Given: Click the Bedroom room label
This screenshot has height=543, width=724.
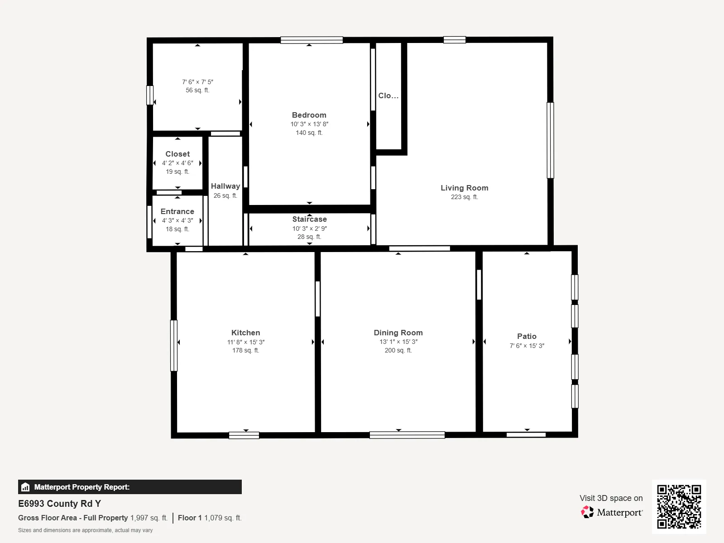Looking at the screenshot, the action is pos(309,115).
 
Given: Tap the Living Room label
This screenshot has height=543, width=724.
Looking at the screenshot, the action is pos(465,188).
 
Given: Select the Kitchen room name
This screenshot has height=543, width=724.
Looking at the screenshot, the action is pos(245,333).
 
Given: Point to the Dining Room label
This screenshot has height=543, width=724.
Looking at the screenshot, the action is pos(398,333).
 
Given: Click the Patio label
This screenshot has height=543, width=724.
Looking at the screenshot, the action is pos(527,336).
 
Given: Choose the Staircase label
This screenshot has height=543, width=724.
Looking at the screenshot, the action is pos(309,219).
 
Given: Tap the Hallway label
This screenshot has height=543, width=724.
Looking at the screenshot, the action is pos(225,186).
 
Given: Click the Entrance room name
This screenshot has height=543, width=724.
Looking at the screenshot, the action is pos(177,211).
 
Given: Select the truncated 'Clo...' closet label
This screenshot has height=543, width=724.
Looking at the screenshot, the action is pos(388,95).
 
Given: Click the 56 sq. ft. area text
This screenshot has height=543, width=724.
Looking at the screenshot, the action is pos(197,90).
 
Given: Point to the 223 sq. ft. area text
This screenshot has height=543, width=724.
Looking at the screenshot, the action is pos(465,197).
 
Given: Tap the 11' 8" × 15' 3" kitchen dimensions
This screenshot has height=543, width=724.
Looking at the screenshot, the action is pos(246,342).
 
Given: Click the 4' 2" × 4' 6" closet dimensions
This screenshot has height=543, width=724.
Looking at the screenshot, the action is pos(177,163).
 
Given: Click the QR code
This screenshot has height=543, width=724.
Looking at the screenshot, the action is pos(679,506).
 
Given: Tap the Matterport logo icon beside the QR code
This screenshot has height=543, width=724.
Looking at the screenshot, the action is pos(587,512).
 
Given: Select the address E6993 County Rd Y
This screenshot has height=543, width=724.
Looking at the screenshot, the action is pos(59,504).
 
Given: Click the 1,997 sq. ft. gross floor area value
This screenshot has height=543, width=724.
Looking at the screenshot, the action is pos(149,518).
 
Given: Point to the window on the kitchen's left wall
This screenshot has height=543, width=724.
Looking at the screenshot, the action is pos(173,346).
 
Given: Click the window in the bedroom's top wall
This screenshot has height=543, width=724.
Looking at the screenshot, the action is pos(312,40).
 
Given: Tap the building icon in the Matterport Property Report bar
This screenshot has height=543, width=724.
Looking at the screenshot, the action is pos(25,487).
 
